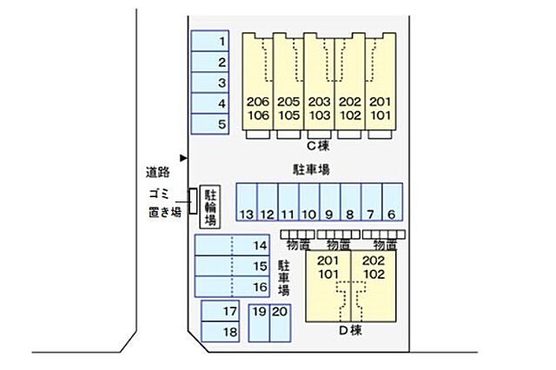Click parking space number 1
(x=210, y=41)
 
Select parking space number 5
(x=210, y=124)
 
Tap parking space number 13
(x=247, y=202)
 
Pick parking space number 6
(x=393, y=202)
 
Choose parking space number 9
(x=330, y=202)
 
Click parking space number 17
(x=220, y=311)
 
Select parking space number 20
(x=280, y=323)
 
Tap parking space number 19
(x=259, y=323)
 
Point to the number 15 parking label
(x=260, y=266)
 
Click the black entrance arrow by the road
(x=183, y=158)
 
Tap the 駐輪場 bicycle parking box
(x=210, y=207)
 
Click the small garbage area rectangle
(x=193, y=202)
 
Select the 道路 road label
(x=158, y=172)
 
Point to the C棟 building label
(x=318, y=146)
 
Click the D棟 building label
(x=350, y=330)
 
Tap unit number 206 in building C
(x=258, y=102)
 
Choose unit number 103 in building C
(x=319, y=116)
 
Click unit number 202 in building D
(x=374, y=261)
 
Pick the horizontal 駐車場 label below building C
(x=311, y=169)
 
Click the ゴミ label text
(x=159, y=194)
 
